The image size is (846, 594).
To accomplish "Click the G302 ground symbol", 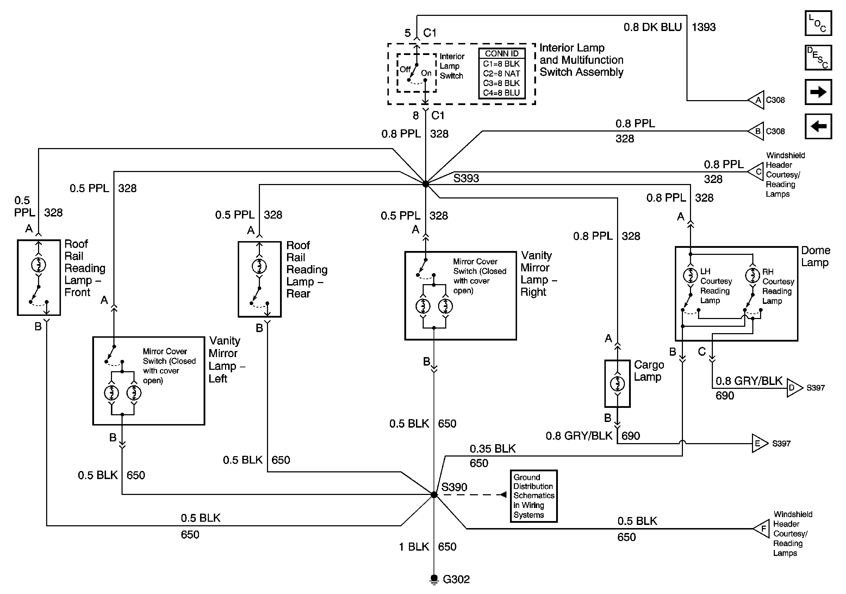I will click(x=434, y=579).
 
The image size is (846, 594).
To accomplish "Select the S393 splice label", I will click(x=466, y=178).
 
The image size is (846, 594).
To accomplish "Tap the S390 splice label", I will click(x=454, y=487).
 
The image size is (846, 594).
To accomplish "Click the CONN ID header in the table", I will click(x=502, y=54).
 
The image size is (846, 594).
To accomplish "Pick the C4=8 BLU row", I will click(x=502, y=93).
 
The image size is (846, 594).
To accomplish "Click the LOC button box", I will click(x=818, y=23).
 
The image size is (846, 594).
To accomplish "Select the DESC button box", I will click(x=818, y=57).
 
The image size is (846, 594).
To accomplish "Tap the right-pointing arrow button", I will click(x=818, y=92).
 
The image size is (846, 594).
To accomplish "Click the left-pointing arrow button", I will click(x=818, y=127).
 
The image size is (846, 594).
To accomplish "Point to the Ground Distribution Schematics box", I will click(x=533, y=496).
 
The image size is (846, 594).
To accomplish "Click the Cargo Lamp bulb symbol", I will click(x=617, y=384).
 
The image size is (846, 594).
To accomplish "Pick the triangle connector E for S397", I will click(x=759, y=443).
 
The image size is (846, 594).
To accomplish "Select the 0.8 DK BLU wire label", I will click(x=653, y=27).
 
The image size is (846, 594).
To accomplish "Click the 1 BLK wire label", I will click(x=414, y=546).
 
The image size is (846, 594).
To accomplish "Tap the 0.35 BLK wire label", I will click(x=492, y=449).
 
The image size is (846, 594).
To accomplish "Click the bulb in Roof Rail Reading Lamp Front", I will click(x=39, y=265).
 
